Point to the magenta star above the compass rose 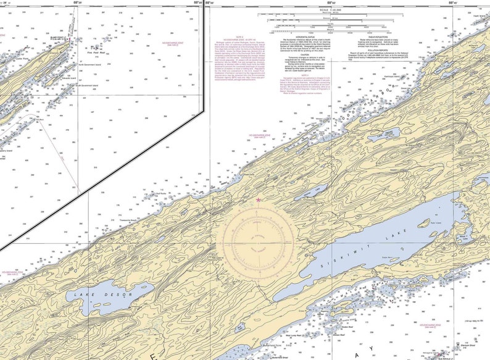pos(258,199)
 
